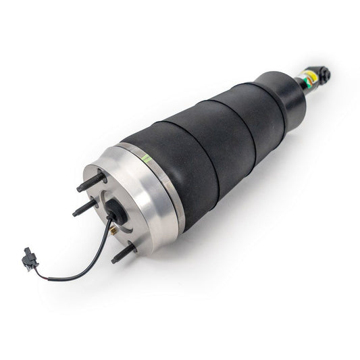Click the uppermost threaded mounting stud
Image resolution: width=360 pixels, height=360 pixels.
pyautogui.click(x=91, y=182)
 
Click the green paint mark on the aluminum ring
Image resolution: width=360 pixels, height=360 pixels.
pyautogui.click(x=145, y=159)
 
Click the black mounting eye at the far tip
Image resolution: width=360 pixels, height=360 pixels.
pyautogui.click(x=325, y=73)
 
